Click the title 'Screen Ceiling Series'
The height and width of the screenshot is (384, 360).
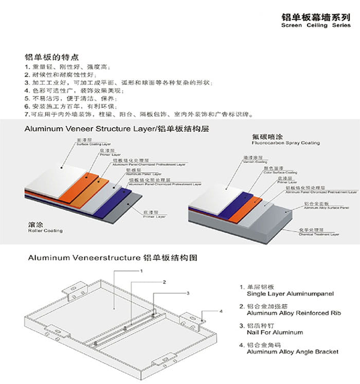316,25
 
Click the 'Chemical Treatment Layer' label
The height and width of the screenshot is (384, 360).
319,234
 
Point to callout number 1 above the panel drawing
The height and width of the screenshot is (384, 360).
140,270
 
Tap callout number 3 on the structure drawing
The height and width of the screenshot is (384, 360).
188,293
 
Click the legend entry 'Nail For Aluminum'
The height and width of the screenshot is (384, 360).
275,333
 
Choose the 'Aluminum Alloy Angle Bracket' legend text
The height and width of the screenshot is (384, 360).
292,352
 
